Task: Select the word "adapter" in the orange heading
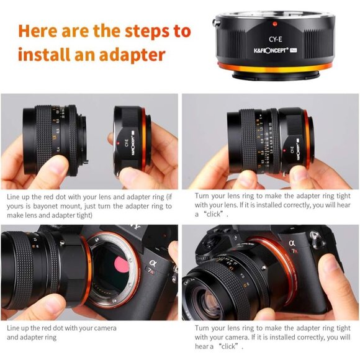coord(136,55)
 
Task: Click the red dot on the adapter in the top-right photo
coord(290,132)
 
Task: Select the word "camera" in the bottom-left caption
coord(103,328)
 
